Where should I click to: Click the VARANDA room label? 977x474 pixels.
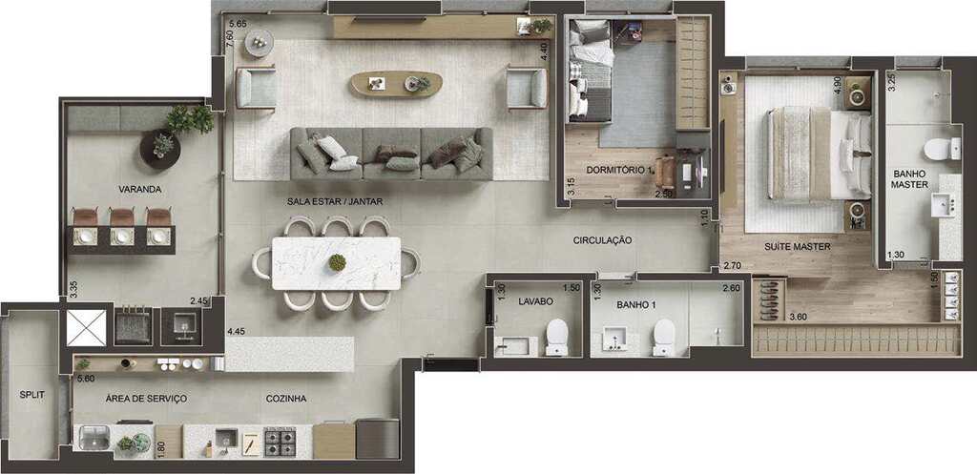[x=140, y=189]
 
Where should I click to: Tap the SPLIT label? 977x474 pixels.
[x=31, y=394]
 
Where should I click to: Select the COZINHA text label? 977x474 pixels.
[x=286, y=399]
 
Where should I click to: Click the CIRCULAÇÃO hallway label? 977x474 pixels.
[x=603, y=239]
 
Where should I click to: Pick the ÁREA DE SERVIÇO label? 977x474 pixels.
[x=146, y=399]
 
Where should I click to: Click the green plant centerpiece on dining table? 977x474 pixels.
[x=337, y=263]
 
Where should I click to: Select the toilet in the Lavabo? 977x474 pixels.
[x=557, y=337]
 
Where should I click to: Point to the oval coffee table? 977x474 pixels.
[x=396, y=84]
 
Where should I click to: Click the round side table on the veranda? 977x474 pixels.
[x=160, y=150]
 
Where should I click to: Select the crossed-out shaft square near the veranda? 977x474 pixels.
[x=87, y=328]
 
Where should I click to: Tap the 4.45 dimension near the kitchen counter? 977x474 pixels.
[x=237, y=331]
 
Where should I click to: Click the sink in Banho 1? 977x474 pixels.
[x=614, y=340]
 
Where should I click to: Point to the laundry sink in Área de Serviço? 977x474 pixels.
[x=94, y=437]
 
